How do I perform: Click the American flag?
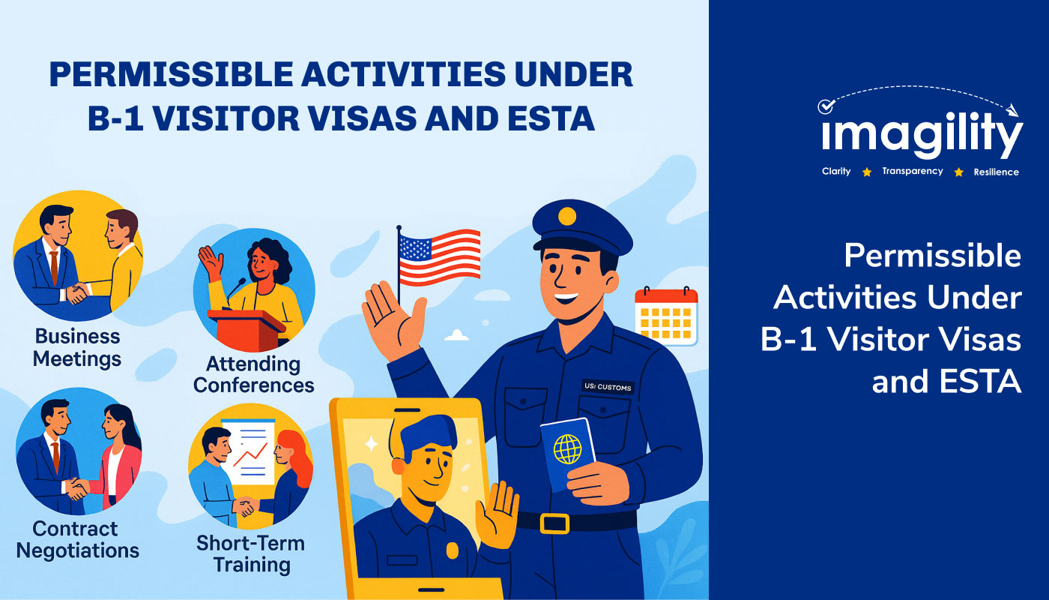[439, 257]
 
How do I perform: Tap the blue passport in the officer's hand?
[567, 452]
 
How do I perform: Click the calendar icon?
[666, 316]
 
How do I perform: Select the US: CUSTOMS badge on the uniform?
[608, 387]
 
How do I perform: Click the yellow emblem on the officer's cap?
[567, 216]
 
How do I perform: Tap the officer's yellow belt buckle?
[554, 523]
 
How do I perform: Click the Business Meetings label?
[77, 347]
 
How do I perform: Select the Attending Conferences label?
[253, 374]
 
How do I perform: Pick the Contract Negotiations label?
[78, 539]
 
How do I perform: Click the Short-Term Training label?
[251, 554]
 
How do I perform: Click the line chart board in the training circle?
[248, 451]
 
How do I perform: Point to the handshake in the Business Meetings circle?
[76, 293]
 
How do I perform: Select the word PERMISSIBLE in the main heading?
[172, 74]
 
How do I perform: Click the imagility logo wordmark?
[922, 134]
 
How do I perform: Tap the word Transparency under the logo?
[913, 171]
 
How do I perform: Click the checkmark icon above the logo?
[826, 106]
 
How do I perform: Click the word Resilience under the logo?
[996, 172]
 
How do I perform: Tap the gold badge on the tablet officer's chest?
[453, 550]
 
